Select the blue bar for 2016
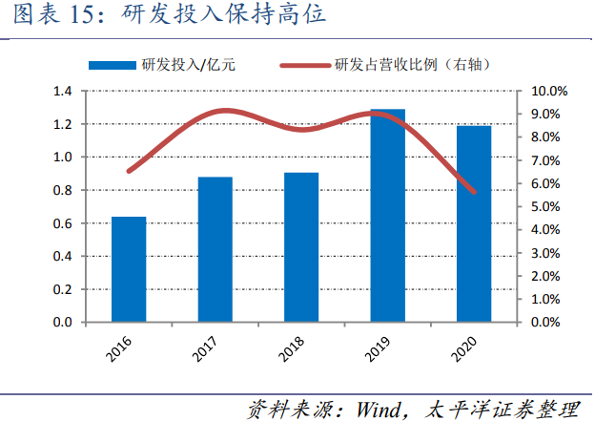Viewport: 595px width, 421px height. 129,269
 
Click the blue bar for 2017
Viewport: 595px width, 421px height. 215,249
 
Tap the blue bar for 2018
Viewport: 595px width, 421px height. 301,247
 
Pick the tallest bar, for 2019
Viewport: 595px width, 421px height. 387,216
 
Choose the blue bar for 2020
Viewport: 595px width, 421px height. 474,223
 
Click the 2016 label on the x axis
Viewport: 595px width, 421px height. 120,347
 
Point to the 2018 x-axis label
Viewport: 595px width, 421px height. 293,347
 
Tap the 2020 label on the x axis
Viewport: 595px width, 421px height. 465,347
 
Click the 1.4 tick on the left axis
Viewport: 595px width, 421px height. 64,92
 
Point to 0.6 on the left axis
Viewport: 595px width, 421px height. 64,223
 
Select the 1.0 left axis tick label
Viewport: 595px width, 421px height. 64,158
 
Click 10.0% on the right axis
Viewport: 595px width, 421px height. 548,92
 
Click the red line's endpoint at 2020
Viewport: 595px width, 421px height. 474,192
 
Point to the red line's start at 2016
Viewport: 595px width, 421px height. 129,172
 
